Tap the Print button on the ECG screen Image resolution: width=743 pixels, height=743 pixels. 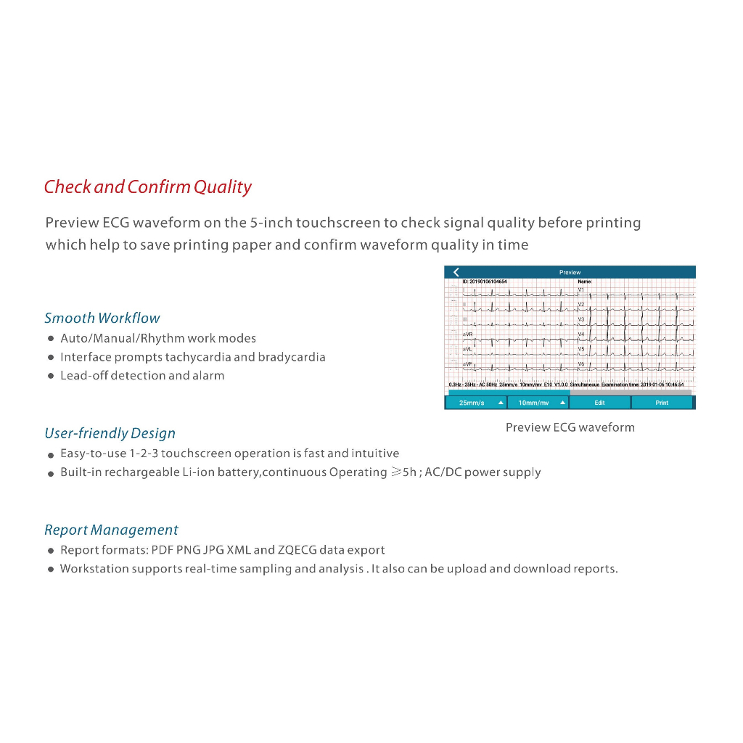662,403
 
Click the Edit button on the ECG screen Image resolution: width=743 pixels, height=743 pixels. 599,403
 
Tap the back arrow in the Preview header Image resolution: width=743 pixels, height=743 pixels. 456,272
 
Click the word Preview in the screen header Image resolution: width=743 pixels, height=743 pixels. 570,273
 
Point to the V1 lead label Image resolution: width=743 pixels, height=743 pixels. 581,290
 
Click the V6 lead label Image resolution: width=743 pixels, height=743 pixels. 581,364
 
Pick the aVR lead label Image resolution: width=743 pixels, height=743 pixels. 467,334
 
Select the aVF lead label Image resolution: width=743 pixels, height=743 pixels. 467,364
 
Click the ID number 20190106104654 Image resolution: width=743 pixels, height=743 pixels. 488,282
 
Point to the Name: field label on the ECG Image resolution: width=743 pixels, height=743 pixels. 585,282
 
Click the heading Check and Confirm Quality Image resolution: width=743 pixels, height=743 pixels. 147,187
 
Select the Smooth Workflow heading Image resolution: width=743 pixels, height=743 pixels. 102,318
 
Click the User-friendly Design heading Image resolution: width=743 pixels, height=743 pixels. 110,433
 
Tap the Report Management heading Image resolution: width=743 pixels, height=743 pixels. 111,530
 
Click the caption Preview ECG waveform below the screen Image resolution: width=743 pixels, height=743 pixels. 570,427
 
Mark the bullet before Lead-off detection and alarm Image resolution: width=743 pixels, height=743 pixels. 51,377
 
